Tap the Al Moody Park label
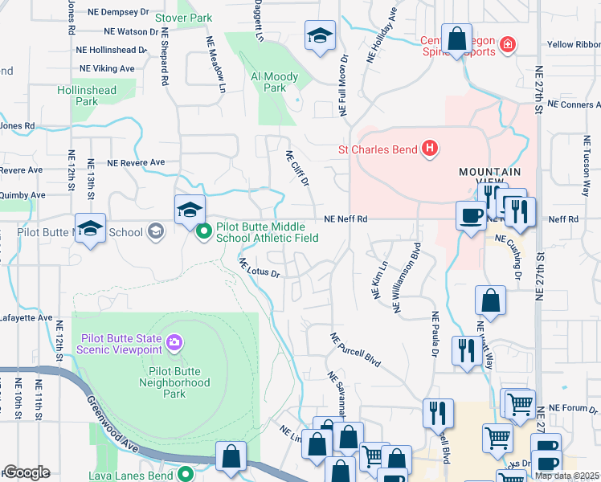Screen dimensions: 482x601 click(x=274, y=82)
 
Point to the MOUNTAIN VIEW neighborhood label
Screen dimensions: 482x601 click(x=489, y=178)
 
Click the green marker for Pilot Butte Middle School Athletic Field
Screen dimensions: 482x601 click(x=204, y=232)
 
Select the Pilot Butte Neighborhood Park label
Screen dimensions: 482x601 click(x=179, y=378)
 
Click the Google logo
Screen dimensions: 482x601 click(x=27, y=472)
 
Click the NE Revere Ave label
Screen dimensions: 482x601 click(x=136, y=162)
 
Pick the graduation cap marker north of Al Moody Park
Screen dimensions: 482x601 click(x=319, y=36)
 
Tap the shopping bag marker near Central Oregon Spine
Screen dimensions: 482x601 click(x=456, y=39)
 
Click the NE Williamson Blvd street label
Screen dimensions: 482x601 click(x=407, y=278)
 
